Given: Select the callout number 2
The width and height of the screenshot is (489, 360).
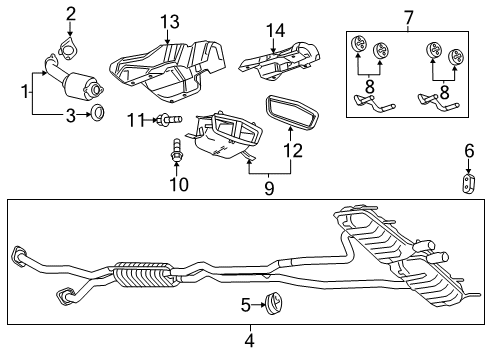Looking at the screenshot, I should coord(71,13).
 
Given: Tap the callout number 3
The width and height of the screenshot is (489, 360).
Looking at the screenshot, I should coord(72,115).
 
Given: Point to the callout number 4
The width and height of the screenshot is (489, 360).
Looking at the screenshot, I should coord(249,341).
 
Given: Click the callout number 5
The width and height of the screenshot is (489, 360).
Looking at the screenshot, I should coord(246,304).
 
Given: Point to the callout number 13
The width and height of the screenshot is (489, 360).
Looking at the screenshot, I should coord(171,21).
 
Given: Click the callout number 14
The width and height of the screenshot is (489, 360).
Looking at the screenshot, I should coord(275,31).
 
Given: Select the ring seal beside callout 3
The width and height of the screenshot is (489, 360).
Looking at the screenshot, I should coord(99,115).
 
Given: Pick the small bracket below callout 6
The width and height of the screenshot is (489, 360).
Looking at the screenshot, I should coord(467,186).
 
